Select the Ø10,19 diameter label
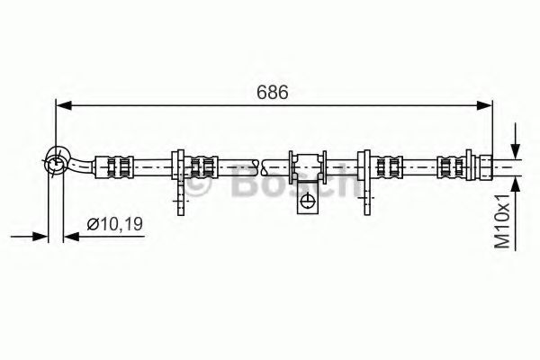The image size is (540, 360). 115,225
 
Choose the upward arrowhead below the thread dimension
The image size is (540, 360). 515,181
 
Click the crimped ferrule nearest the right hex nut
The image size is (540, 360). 450,165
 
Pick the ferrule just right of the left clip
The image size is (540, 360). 203,165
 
